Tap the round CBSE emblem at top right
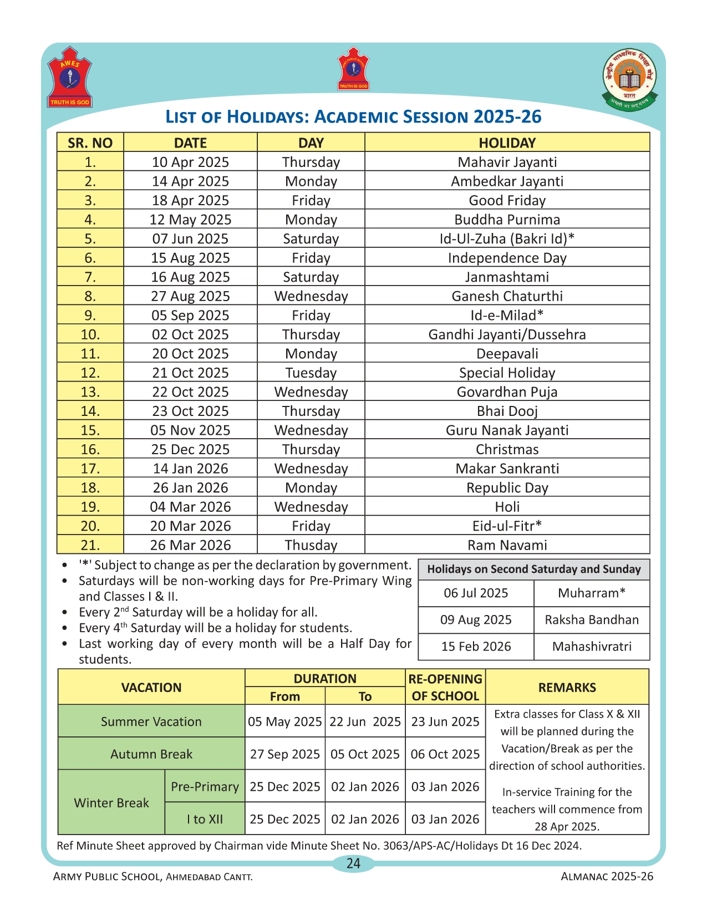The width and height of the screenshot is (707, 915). coord(629,79)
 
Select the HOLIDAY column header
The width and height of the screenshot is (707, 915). coord(507,143)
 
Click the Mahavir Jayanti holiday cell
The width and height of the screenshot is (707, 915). coord(507,162)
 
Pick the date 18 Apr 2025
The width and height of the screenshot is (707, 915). coord(190,200)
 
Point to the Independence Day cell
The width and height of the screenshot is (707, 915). coord(507,258)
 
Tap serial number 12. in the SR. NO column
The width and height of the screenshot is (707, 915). coord(90,373)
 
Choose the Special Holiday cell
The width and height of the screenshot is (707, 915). coord(507,373)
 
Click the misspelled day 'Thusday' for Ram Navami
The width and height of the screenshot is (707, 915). coord(311,545)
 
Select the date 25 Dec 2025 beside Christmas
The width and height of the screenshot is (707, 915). coord(190,449)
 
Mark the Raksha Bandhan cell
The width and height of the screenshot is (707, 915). coord(592,619)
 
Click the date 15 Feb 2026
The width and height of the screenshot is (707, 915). coord(476,646)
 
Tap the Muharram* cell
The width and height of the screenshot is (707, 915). coord(592,593)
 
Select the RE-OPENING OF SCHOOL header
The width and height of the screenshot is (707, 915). coord(445,687)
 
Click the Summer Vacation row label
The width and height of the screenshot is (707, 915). coord(151,721)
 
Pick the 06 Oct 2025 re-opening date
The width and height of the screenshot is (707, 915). coord(445,754)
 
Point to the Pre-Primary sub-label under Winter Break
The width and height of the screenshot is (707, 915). coord(205,786)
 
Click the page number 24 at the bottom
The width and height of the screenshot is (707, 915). coord(353,863)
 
